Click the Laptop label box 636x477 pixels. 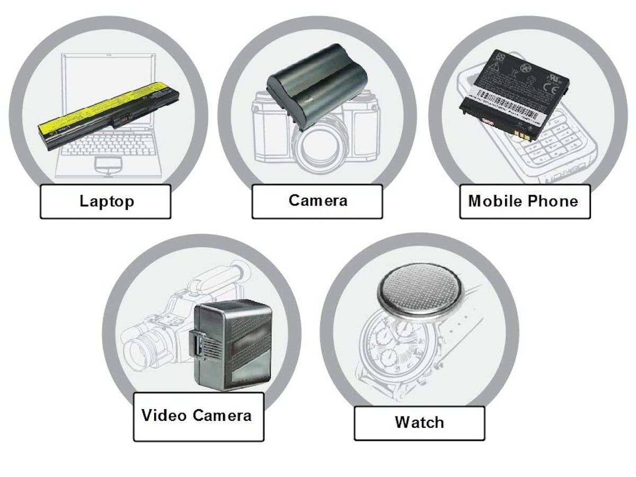pos(105,201)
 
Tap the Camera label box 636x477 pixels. pos(317,201)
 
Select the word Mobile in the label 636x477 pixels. pos(495,201)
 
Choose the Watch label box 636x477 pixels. pos(419,422)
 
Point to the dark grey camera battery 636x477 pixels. pos(316,85)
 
